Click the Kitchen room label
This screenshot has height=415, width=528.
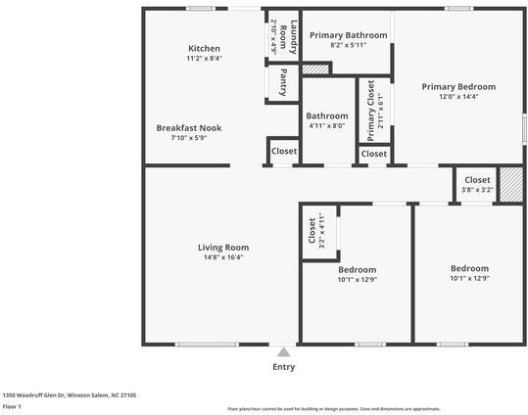[204, 48]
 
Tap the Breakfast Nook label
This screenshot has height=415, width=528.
[181, 127]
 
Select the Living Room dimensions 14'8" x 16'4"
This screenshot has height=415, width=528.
[223, 257]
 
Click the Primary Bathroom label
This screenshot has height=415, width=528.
[348, 35]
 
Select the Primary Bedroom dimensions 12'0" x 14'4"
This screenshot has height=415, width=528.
[458, 97]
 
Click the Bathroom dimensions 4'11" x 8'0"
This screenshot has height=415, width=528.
[327, 125]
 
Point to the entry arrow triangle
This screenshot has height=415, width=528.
[283, 352]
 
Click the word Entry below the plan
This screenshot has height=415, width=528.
[283, 367]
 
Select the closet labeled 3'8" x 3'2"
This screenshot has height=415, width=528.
[477, 186]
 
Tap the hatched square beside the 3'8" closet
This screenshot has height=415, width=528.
[510, 185]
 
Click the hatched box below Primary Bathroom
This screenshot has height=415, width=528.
[314, 70]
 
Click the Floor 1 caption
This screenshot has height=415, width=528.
[12, 405]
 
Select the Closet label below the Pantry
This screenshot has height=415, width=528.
[284, 152]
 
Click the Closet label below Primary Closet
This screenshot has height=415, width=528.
[373, 154]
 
